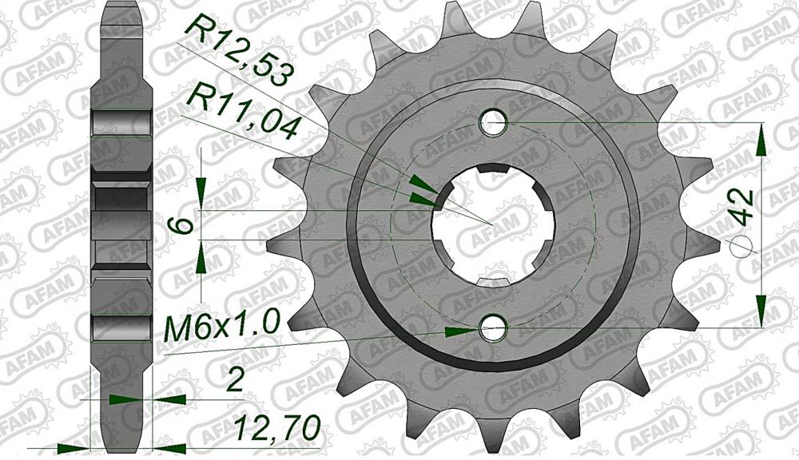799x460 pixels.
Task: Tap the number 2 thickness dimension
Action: click(234, 381)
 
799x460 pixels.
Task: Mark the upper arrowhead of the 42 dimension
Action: click(764, 140)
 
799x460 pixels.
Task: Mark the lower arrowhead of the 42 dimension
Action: click(764, 311)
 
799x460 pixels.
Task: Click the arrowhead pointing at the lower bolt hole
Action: click(457, 329)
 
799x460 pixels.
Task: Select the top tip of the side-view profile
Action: click(121, 6)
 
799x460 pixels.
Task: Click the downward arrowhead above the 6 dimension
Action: click(202, 191)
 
